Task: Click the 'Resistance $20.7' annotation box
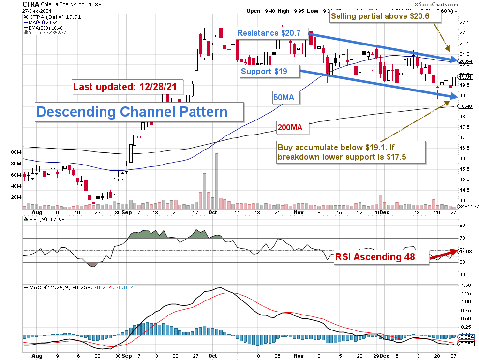coord(272,33)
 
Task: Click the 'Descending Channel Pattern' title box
coord(132,112)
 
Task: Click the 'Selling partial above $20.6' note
coord(386,17)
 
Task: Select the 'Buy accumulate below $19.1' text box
coord(351,152)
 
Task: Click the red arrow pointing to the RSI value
coord(443,255)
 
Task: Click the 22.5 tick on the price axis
coord(464,22)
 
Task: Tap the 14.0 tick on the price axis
coord(464,200)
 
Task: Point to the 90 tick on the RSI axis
coord(462,225)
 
